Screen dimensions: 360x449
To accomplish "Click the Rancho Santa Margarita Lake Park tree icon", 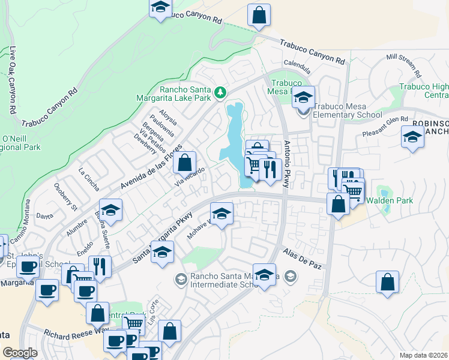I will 221,92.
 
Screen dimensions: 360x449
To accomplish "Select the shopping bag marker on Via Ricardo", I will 186,162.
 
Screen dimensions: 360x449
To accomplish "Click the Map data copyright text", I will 424,355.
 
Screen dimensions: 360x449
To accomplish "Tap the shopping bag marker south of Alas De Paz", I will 388,281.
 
